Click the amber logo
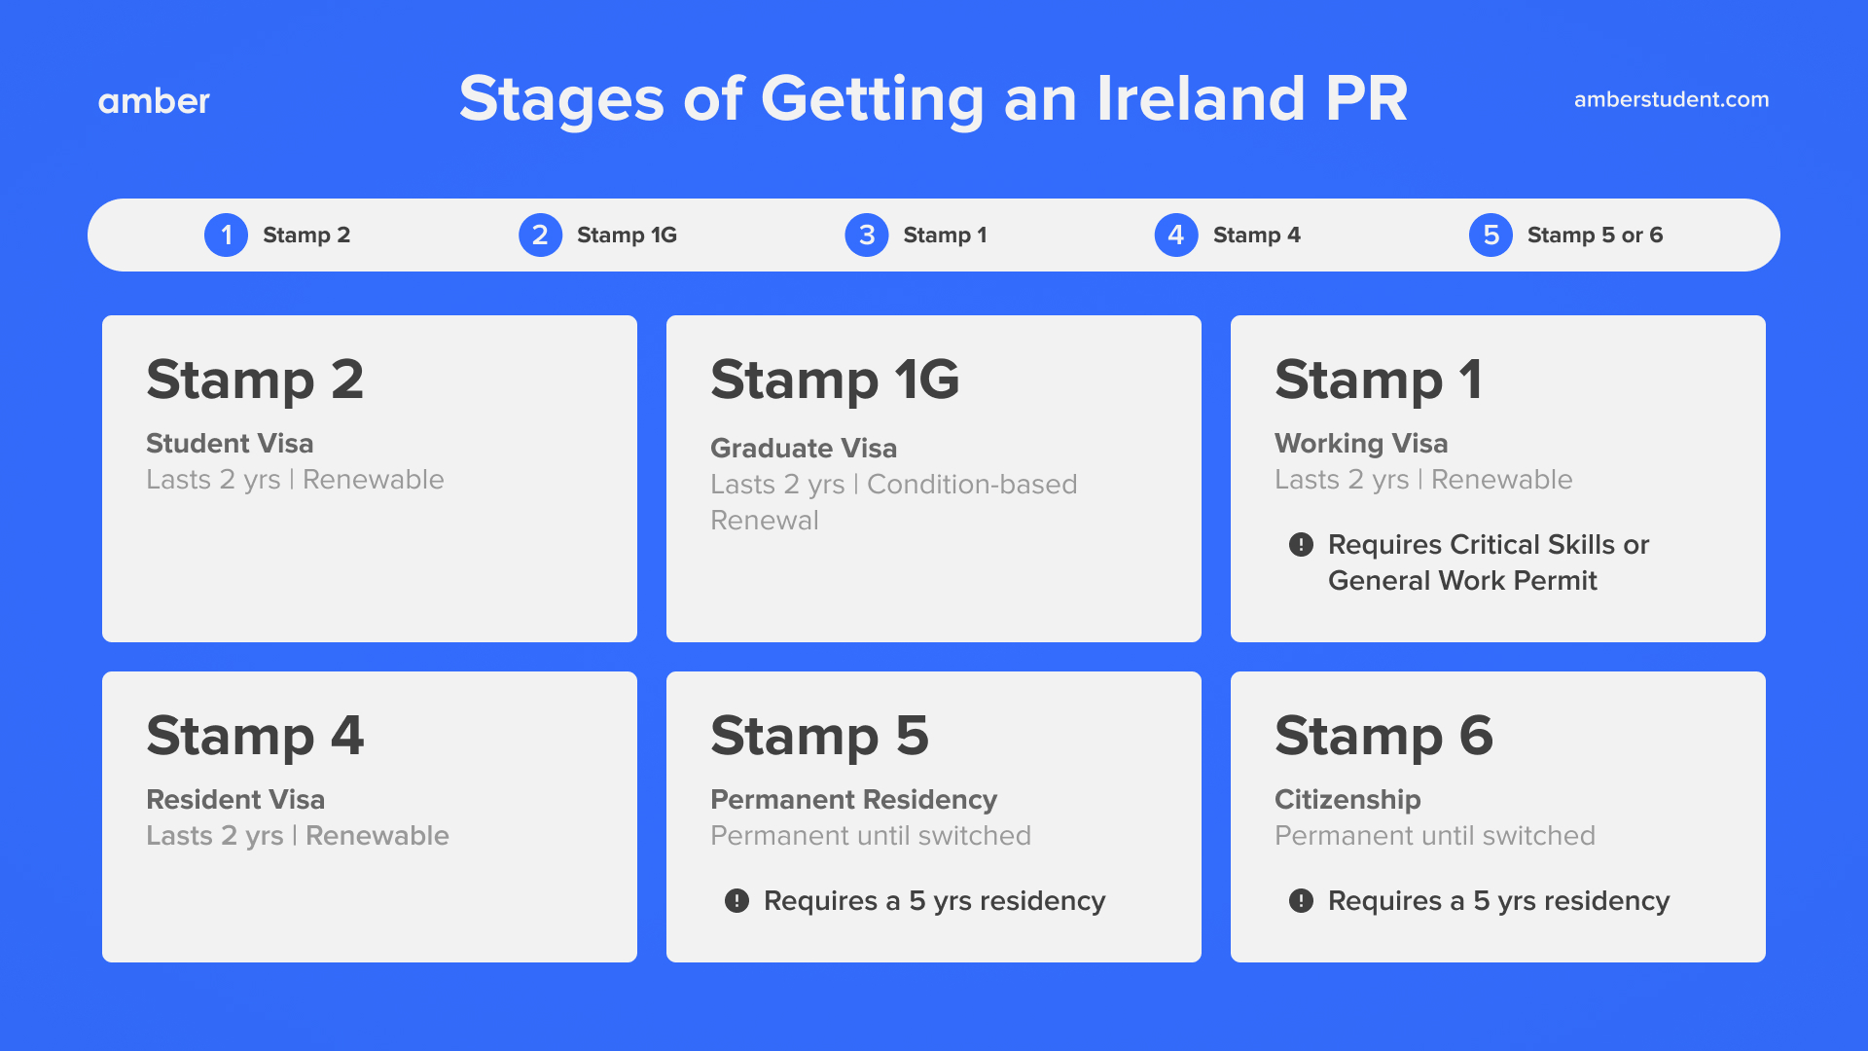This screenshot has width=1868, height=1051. tap(154, 101)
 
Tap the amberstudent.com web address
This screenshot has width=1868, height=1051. tap(1670, 99)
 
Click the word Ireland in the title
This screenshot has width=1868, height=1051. tap(1200, 98)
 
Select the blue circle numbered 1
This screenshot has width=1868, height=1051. tap(226, 236)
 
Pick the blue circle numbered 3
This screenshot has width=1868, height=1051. tap(866, 236)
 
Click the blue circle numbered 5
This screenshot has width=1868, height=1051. tap(1490, 236)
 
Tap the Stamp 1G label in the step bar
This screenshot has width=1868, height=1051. tap(627, 236)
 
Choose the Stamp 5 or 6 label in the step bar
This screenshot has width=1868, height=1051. tap(1595, 236)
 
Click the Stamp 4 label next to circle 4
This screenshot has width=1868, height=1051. tap(1256, 236)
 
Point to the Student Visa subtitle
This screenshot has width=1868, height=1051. tap(230, 444)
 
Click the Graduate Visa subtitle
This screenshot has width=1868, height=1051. tap(804, 449)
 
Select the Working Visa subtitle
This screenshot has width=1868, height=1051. tap(1361, 444)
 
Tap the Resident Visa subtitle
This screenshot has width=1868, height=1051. tap(235, 800)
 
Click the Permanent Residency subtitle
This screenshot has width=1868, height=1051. tap(853, 800)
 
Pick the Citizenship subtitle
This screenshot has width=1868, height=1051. tap(1347, 800)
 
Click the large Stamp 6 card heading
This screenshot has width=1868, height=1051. tap(1383, 736)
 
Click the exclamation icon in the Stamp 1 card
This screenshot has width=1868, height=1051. tap(1301, 545)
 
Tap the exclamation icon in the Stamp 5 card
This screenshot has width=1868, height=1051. tap(736, 901)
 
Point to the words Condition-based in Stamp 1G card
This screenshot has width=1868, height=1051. tap(971, 485)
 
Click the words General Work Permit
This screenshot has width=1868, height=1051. tap(1462, 581)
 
